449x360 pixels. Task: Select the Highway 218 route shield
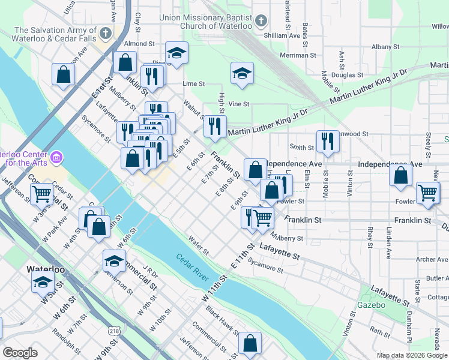[x=114, y=331]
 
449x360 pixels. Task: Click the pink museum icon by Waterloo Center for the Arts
[x=56, y=158]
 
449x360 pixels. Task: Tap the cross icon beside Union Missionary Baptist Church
[x=261, y=22]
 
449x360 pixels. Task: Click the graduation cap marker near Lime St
[x=242, y=73]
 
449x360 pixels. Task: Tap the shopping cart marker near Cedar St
[x=41, y=194]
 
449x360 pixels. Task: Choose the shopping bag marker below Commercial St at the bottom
[x=250, y=344]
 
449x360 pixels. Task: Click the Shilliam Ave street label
[x=287, y=36]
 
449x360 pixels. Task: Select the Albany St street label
[x=385, y=46]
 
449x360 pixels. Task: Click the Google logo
[x=20, y=353]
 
